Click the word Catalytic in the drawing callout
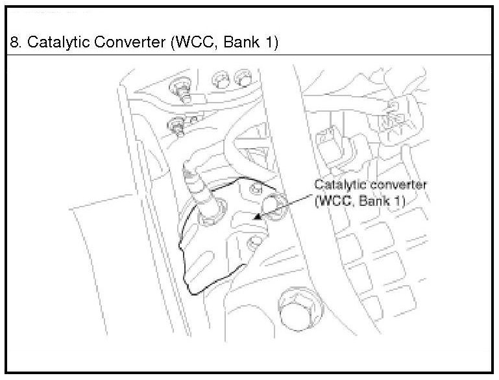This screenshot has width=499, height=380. click(x=339, y=185)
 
